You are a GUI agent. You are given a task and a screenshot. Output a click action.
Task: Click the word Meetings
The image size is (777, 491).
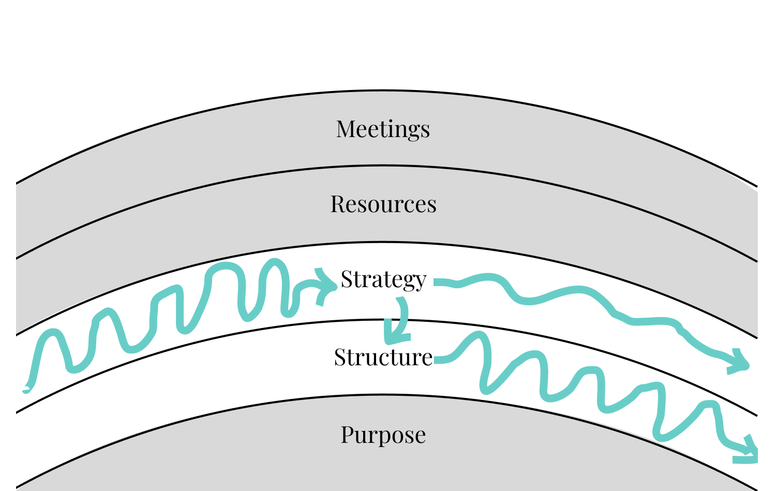click(383, 129)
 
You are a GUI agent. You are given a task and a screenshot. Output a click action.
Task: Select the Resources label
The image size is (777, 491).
click(383, 204)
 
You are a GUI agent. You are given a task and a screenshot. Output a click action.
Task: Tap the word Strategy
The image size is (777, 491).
click(383, 280)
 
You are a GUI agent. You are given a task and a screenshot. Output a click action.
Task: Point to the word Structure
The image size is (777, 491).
click(383, 357)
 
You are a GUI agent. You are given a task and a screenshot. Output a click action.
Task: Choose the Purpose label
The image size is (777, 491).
click(383, 435)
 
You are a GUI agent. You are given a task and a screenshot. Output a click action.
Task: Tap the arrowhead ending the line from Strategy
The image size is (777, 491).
click(739, 362)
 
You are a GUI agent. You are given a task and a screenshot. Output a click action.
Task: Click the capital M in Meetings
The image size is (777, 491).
click(347, 129)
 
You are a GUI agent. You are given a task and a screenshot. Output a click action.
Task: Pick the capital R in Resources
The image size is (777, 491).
click(338, 204)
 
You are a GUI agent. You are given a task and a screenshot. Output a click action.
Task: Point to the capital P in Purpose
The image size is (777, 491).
click(348, 435)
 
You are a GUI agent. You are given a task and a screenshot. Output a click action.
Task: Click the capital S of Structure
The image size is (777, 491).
click(340, 357)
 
